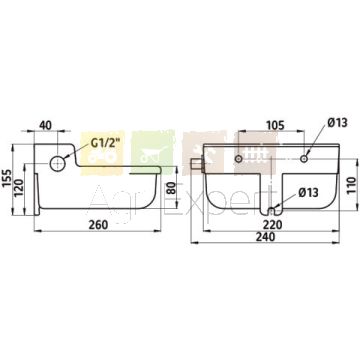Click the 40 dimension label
(x=46, y=125)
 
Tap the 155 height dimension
(x=7, y=178)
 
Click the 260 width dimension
(x=98, y=225)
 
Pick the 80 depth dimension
(x=171, y=189)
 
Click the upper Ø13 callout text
(x=337, y=123)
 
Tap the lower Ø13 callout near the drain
(x=308, y=192)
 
